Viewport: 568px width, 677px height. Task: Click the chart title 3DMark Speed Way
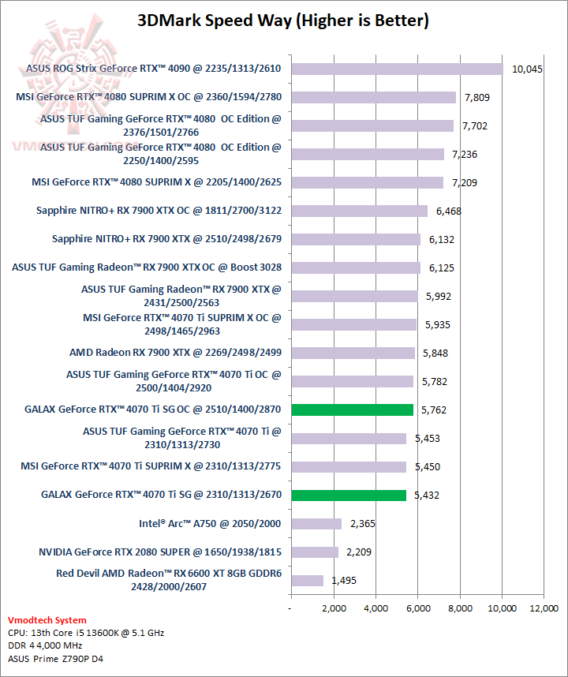(283, 21)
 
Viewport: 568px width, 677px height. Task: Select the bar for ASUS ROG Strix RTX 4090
(397, 69)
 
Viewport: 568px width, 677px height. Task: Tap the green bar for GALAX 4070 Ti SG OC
(352, 410)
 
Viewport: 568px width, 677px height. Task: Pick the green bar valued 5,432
(349, 495)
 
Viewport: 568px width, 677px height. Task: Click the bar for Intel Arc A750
(316, 524)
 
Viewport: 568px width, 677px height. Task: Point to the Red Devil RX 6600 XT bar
(307, 581)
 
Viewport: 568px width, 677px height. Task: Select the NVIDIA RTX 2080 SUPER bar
(315, 552)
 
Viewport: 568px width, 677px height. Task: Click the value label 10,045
(528, 69)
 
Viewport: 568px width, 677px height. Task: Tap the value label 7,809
(478, 98)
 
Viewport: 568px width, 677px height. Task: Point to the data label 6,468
(450, 211)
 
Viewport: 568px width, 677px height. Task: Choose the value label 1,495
(344, 581)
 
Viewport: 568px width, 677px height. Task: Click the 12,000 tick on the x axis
(544, 608)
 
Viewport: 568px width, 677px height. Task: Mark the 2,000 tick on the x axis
(334, 608)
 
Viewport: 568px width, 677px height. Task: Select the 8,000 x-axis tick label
(460, 608)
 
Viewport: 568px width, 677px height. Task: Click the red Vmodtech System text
(47, 620)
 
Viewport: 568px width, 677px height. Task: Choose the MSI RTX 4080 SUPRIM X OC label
(148, 98)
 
